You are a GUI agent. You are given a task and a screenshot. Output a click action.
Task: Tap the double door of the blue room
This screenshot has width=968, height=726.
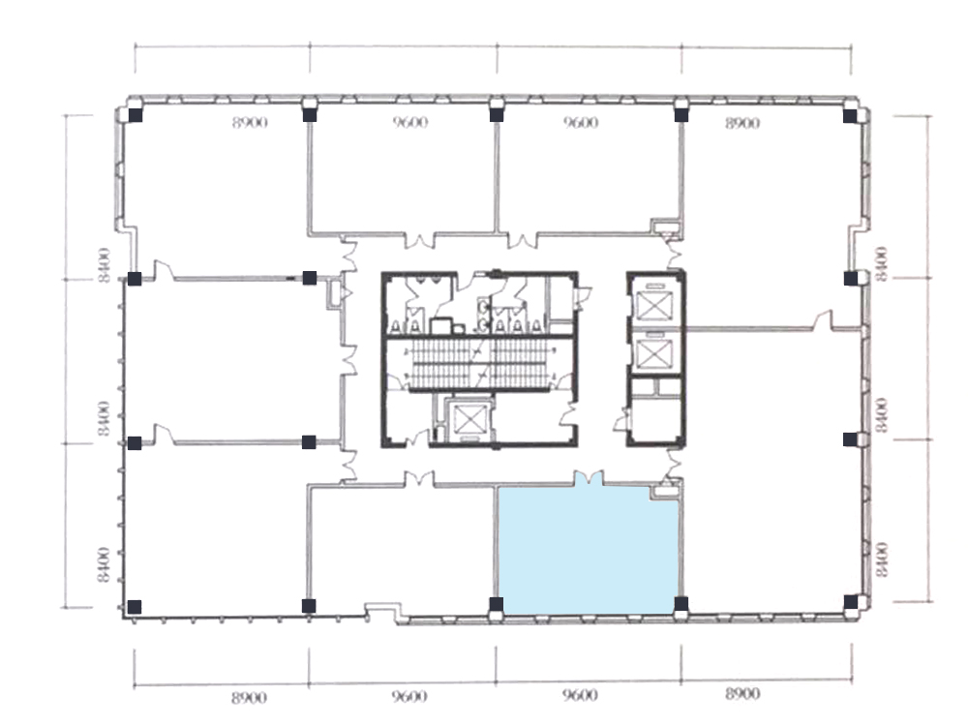(589, 478)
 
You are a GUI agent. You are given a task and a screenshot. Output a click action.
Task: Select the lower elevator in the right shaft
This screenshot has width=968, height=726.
(653, 352)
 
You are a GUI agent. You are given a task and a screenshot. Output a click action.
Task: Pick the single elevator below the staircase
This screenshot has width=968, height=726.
(469, 420)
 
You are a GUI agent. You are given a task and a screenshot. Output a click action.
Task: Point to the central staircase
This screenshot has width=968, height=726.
(480, 364)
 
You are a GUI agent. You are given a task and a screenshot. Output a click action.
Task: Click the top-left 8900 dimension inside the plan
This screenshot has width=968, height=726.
(250, 123)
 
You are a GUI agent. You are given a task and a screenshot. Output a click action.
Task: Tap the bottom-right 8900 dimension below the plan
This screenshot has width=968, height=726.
(742, 694)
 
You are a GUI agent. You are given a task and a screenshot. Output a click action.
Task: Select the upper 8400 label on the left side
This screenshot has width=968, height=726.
(105, 265)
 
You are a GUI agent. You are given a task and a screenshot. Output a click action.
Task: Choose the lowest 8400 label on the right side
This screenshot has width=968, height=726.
(882, 560)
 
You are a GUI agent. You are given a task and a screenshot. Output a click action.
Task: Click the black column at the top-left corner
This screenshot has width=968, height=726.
(136, 115)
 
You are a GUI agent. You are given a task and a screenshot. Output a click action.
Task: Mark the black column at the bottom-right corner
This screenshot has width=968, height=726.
(850, 602)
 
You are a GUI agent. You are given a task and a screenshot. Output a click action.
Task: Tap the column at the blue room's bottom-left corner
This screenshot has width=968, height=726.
(496, 604)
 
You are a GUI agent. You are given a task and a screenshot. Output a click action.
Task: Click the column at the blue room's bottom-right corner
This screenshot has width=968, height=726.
(681, 604)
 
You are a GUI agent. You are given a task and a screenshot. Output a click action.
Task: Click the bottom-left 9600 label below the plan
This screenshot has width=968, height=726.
(409, 696)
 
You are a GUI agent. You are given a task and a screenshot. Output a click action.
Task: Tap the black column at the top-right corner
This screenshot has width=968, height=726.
(850, 115)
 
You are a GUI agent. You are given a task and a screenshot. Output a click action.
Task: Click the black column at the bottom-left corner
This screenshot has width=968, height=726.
(134, 607)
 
